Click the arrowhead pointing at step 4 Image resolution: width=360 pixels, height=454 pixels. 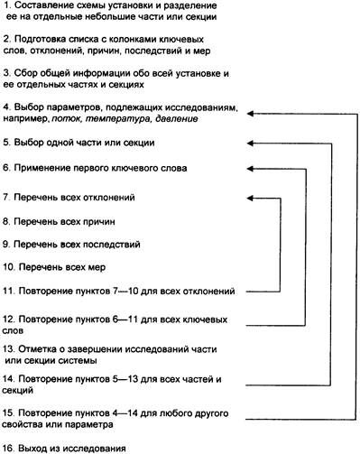pyautogui.click(x=249, y=112)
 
